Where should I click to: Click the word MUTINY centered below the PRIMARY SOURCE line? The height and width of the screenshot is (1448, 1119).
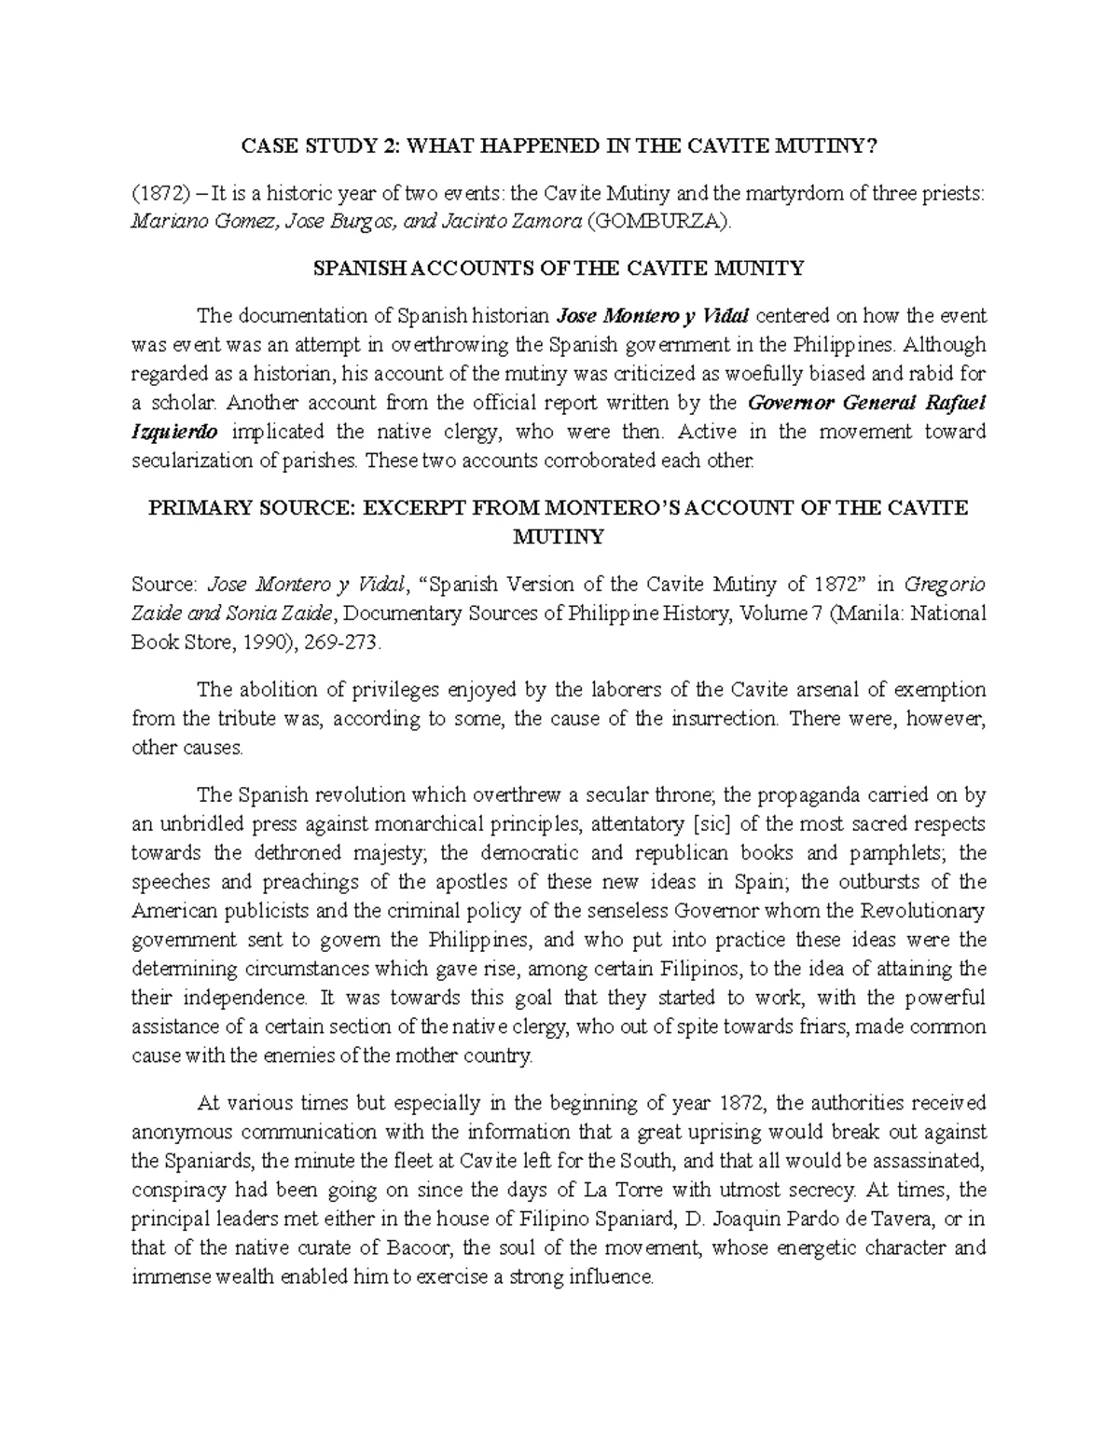(x=559, y=537)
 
